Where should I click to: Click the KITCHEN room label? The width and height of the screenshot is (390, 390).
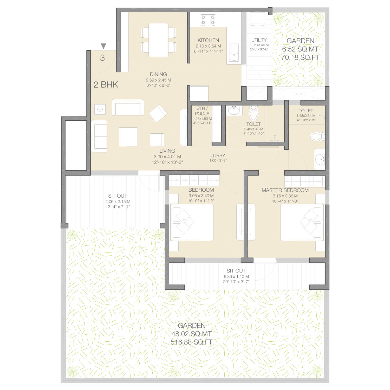click(208, 40)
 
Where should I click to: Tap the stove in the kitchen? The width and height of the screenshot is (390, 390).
click(208, 20)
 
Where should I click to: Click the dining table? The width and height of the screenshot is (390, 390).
click(158, 40)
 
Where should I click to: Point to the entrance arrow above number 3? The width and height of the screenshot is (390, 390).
click(103, 46)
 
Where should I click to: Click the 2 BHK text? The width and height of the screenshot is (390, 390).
click(106, 84)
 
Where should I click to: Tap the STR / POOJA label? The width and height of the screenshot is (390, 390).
click(202, 111)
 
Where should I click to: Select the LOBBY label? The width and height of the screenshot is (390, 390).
click(218, 155)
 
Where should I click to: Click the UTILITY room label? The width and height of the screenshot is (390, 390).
click(259, 40)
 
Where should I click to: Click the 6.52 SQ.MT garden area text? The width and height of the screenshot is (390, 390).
click(300, 49)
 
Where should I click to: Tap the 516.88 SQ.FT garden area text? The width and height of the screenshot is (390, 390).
click(191, 342)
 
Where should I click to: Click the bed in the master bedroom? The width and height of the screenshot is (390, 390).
click(302, 222)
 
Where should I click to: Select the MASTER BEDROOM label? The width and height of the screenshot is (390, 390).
click(285, 190)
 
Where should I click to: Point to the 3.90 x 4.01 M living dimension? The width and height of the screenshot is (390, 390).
click(167, 157)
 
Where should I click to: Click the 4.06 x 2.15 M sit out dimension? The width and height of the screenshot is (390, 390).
click(118, 201)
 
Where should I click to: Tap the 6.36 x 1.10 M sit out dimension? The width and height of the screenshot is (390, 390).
click(236, 277)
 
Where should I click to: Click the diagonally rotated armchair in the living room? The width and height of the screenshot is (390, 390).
click(158, 113)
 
